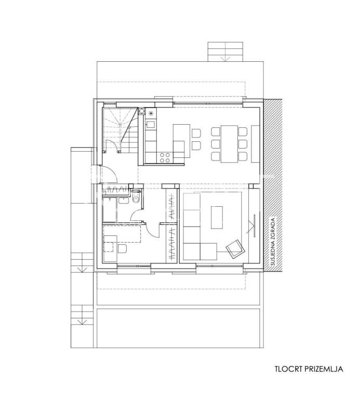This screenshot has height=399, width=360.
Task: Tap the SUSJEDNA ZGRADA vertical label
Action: (273, 242)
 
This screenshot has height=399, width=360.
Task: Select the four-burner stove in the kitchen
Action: (164, 157)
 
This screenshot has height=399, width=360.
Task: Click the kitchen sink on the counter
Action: (150, 125)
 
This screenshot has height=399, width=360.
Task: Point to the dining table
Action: (229, 143)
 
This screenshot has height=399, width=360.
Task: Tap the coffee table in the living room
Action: (217, 217)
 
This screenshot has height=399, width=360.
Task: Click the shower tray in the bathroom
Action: (110, 209)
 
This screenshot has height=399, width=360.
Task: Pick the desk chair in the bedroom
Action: (122, 249)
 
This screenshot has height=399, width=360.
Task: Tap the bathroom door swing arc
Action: (136, 215)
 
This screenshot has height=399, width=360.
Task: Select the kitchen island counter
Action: (181, 141)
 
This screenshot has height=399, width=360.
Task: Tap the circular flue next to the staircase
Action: (141, 111)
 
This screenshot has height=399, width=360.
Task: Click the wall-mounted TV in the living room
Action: (254, 225)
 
